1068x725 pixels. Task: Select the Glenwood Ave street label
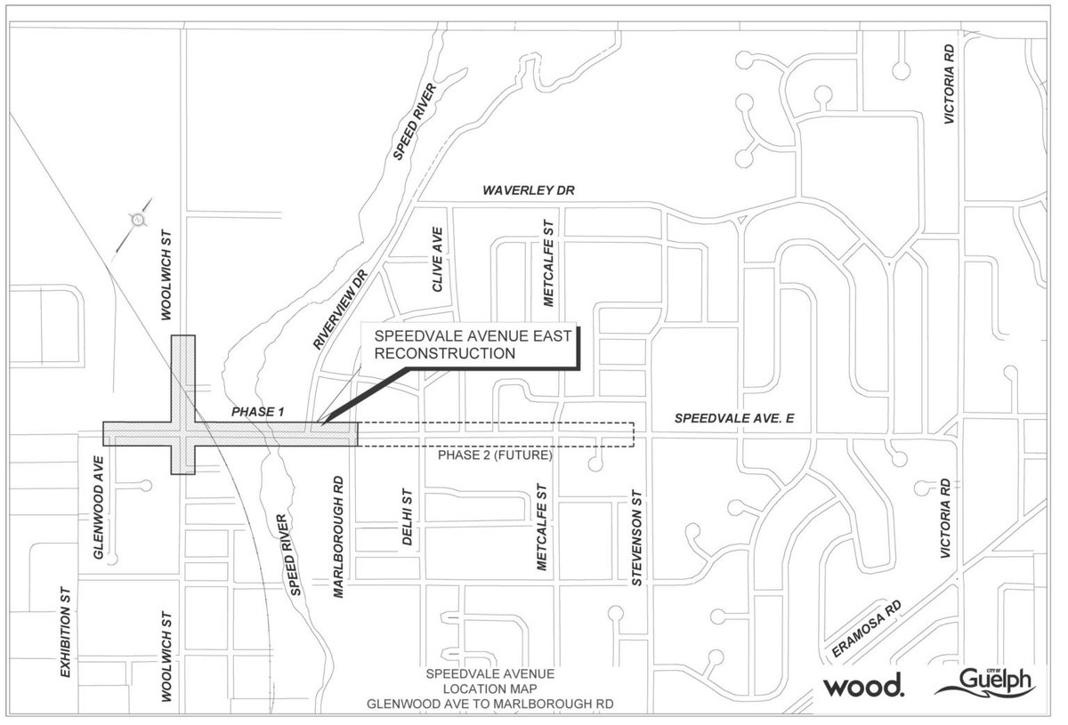[99, 508]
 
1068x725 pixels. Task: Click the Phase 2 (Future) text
[495, 455]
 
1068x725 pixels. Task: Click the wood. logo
[863, 686]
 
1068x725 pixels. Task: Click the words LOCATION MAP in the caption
[489, 689]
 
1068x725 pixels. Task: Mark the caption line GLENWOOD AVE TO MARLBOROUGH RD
[489, 704]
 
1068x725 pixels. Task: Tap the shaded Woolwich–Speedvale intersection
[182, 433]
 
